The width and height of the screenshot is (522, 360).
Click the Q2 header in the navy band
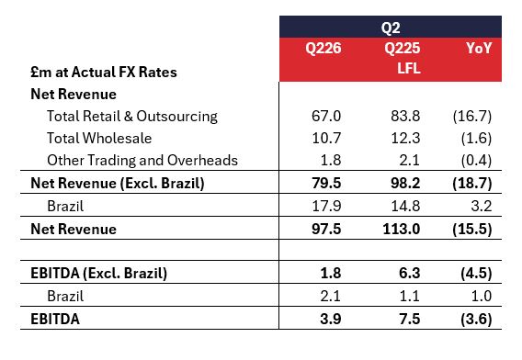[391, 28]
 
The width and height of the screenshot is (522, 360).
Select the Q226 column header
[323, 49]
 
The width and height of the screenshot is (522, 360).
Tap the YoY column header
[479, 49]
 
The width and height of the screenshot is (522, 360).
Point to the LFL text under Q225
[409, 69]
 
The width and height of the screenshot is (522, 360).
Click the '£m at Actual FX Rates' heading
[104, 73]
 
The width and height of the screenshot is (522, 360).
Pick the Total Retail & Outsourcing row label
[132, 117]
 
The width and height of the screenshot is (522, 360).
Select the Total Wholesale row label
[99, 139]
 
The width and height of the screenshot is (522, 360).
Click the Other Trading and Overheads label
[142, 161]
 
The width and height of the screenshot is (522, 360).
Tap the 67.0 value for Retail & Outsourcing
[326, 116]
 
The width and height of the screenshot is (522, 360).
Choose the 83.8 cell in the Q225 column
[405, 116]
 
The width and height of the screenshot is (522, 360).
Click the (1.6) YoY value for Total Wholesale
[476, 138]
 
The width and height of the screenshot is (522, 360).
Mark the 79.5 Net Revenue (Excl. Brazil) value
[326, 183]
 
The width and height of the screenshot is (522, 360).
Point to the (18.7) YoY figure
[472, 184]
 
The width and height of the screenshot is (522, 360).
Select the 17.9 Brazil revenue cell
[326, 206]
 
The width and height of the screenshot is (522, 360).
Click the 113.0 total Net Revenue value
[402, 229]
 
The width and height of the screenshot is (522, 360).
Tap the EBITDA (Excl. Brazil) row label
[99, 274]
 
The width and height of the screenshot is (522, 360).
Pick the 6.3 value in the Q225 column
[410, 273]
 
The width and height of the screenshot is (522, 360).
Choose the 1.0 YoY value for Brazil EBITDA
[482, 296]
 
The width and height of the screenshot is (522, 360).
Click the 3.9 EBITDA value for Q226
[331, 319]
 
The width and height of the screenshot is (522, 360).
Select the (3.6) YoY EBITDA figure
[476, 320]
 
